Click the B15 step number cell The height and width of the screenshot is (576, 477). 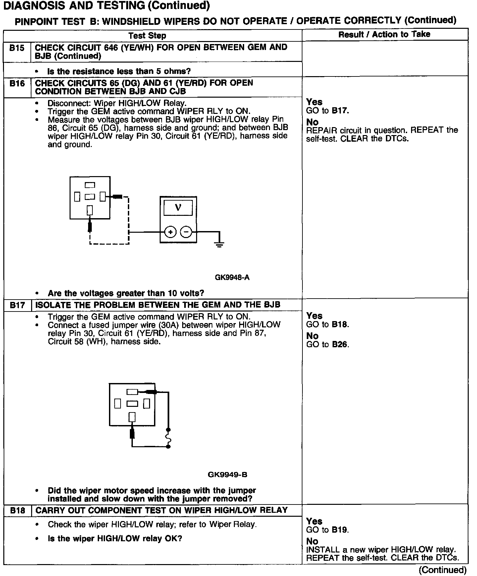click(17, 48)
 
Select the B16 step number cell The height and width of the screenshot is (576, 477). click(17, 83)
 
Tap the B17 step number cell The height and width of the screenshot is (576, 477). click(17, 305)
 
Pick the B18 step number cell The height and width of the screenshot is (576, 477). click(17, 510)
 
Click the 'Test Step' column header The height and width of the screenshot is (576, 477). click(147, 35)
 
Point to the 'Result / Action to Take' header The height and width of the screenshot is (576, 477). click(384, 34)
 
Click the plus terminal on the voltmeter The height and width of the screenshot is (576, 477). click(170, 232)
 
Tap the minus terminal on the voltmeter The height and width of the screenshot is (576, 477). click(186, 232)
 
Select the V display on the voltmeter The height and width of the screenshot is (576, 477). click(178, 208)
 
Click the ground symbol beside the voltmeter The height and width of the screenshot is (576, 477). click(219, 245)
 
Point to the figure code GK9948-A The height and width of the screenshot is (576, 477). click(232, 277)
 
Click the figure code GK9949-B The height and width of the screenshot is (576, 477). click(228, 475)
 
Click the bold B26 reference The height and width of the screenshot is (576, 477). click(340, 345)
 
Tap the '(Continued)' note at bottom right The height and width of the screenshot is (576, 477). click(443, 570)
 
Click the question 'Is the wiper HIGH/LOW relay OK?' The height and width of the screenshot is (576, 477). click(115, 539)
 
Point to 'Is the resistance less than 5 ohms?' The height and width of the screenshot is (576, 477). click(119, 71)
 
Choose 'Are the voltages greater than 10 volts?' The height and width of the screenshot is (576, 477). click(126, 293)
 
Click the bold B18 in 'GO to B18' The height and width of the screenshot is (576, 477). click(340, 324)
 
